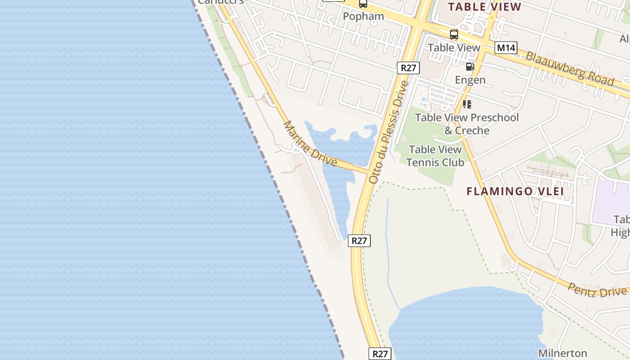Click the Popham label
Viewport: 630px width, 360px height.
click(363, 16)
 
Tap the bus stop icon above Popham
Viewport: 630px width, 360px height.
click(363, 4)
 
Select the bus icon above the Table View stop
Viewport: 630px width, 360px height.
click(454, 34)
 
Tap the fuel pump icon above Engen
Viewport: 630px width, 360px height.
click(470, 67)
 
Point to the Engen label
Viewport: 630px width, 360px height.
click(470, 80)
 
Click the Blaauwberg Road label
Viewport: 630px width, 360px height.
click(569, 69)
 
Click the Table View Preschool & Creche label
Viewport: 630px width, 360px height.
click(467, 124)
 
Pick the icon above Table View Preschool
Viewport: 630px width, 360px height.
click(467, 104)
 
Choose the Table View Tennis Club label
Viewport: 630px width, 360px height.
click(435, 156)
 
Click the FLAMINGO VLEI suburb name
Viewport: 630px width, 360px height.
click(515, 191)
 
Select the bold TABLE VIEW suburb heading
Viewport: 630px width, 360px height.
click(485, 7)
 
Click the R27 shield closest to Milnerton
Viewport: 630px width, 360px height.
click(380, 354)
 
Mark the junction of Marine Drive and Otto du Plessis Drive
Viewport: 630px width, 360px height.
click(370, 171)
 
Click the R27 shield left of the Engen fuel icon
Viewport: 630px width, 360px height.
click(408, 68)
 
